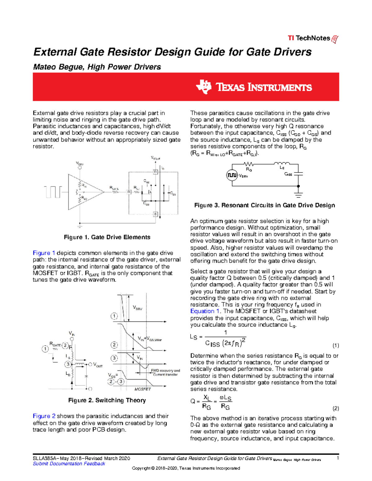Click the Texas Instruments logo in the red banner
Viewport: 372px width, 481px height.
[254, 87]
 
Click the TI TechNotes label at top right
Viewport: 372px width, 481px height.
[312, 38]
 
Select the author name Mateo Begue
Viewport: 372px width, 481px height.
[58, 67]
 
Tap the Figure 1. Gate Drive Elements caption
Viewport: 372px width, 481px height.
[107, 237]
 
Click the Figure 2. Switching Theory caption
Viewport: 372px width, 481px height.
[107, 400]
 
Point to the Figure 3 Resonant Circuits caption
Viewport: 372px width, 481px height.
[264, 205]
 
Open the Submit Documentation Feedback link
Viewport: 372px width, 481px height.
[69, 464]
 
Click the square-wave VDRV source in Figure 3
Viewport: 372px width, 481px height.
[232, 175]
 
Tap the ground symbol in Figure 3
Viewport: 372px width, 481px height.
[298, 195]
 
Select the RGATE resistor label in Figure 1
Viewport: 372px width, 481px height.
[114, 188]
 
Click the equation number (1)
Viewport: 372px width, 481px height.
[336, 345]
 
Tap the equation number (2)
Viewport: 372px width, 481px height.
[336, 408]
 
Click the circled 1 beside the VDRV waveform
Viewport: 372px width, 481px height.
[114, 316]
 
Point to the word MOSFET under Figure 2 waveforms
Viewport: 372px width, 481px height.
[143, 389]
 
